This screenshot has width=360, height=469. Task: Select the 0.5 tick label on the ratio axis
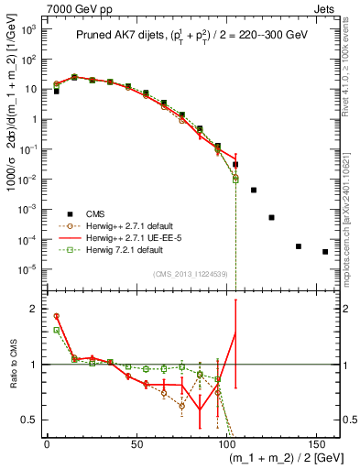[x=34, y=420]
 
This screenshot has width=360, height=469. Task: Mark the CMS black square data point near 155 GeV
[x=325, y=252]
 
